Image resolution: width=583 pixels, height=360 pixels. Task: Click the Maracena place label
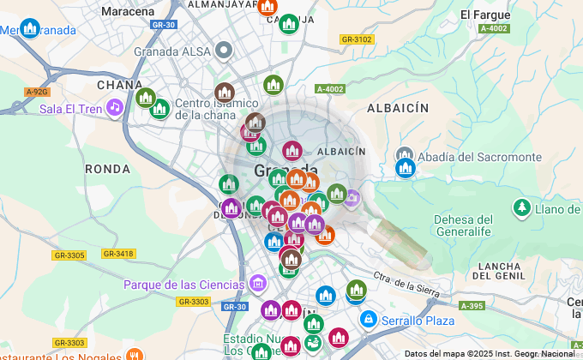(128, 12)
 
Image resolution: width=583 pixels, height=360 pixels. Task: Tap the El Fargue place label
(485, 15)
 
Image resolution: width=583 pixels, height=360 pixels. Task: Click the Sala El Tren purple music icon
(114, 108)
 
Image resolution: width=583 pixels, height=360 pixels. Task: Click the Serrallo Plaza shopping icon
(368, 320)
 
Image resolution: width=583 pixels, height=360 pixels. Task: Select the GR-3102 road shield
(356, 39)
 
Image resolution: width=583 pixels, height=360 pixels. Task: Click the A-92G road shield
(37, 92)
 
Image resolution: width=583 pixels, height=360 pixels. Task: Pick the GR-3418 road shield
(117, 254)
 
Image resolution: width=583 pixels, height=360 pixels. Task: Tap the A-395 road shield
(471, 306)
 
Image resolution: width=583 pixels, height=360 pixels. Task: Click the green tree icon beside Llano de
(520, 208)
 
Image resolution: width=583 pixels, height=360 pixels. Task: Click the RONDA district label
(107, 170)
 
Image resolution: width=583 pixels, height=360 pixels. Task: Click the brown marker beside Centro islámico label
(225, 92)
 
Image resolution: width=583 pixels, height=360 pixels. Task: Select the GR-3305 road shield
(69, 255)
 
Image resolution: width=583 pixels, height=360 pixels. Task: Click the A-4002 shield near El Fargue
(494, 29)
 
